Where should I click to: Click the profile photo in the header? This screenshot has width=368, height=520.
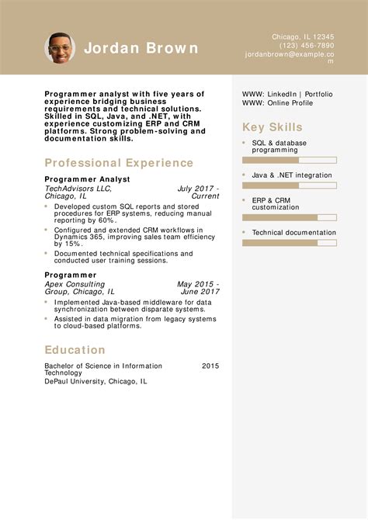coord(60,48)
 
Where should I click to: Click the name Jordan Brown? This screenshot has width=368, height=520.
coord(141,48)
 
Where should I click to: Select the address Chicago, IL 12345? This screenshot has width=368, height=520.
coord(303,36)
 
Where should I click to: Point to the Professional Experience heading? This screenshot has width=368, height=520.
coord(119,163)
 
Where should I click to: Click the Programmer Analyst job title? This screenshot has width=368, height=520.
coord(87,179)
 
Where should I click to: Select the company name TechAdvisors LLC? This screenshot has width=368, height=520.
coord(78,189)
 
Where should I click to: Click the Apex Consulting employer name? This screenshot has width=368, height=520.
coord(74,284)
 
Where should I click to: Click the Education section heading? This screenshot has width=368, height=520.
coord(75,350)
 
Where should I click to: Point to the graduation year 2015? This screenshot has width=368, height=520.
coord(210,366)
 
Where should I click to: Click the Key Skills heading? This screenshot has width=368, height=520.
coord(273,128)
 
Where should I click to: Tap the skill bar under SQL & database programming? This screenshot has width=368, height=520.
coord(289,160)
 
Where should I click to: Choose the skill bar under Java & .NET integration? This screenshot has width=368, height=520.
coord(289,185)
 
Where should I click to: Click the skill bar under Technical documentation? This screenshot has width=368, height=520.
coord(289,243)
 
